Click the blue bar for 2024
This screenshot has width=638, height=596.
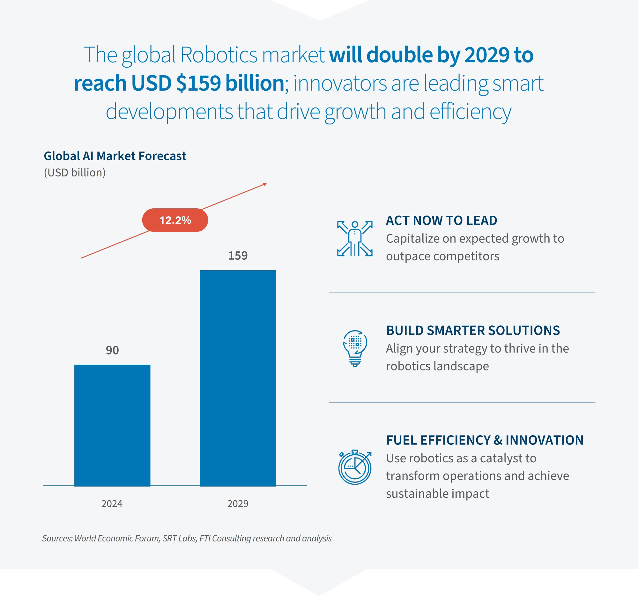(112, 425)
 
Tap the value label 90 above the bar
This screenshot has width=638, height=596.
(112, 350)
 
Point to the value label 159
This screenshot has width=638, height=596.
(238, 256)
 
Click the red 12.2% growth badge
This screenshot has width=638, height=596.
(175, 220)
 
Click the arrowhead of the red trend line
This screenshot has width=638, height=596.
(265, 184)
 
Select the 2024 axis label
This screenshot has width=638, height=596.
(112, 503)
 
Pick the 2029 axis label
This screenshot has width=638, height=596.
(238, 503)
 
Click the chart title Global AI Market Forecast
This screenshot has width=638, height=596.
(115, 156)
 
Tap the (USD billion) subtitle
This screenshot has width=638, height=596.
(74, 173)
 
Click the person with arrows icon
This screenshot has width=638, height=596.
(355, 238)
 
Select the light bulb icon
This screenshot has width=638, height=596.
(355, 348)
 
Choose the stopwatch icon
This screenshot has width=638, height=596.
(355, 467)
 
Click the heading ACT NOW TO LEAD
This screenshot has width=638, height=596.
(441, 220)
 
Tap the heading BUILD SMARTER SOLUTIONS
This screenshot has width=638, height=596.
(473, 331)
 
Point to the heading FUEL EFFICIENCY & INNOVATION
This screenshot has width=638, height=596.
(485, 440)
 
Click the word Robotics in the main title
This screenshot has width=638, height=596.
(219, 55)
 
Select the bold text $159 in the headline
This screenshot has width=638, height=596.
(198, 83)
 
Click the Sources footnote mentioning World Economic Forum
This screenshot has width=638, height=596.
(187, 538)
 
